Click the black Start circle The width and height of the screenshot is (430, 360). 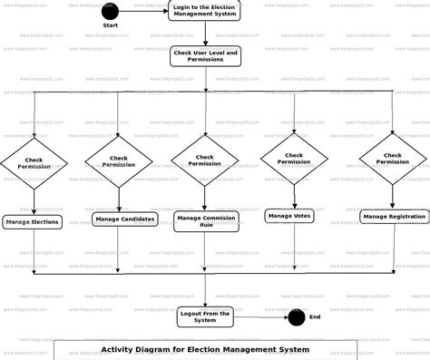(110, 12)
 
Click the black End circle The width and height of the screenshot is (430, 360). (296, 316)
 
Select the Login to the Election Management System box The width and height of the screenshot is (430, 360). (205, 11)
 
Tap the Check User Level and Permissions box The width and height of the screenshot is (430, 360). (205, 56)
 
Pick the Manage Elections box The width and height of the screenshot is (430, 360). (33, 221)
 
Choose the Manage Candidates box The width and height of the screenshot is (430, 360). (123, 219)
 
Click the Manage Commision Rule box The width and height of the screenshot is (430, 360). (206, 221)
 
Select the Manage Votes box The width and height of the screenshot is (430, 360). (290, 216)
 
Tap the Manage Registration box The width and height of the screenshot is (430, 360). (394, 217)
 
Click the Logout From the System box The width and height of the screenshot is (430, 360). (205, 316)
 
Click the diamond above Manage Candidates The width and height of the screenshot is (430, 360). (119, 162)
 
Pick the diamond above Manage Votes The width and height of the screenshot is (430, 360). (294, 159)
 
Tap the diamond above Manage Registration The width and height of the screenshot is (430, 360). (393, 159)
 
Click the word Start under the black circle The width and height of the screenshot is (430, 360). (110, 25)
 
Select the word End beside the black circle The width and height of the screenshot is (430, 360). (315, 316)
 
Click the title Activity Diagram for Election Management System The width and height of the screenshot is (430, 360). (205, 349)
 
